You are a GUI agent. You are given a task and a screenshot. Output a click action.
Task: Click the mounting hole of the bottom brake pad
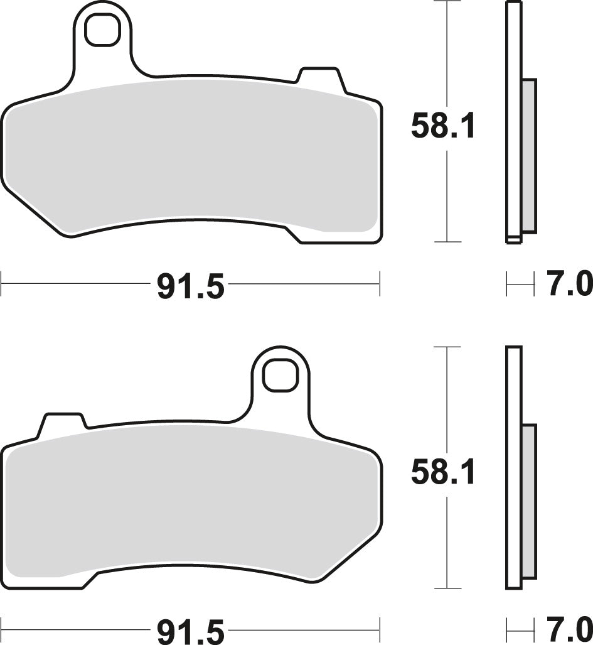coord(279,376)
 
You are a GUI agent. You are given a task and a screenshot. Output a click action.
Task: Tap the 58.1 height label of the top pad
coord(444,126)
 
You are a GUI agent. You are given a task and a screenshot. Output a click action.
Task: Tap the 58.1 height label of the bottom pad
coord(444,472)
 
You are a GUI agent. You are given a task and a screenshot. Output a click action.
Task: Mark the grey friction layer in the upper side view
coord(529,154)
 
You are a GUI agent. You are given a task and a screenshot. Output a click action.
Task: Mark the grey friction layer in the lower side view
coord(529,501)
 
